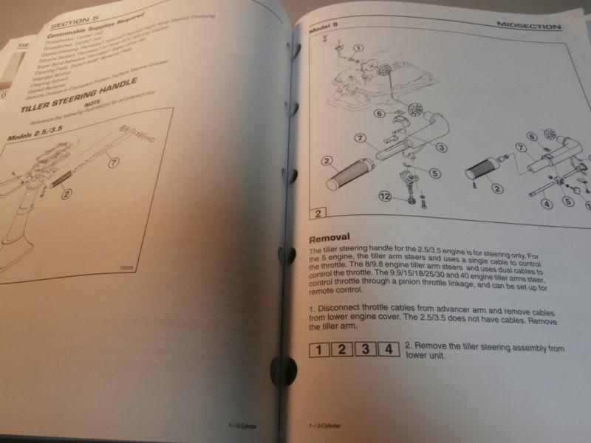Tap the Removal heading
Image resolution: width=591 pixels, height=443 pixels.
coord(327,238)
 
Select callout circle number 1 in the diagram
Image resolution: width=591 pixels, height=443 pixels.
coord(358,48)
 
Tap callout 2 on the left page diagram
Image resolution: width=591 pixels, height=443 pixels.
coord(67,195)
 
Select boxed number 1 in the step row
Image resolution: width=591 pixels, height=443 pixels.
coord(316,346)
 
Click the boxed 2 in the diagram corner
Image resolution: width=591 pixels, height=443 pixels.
coord(316,214)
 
